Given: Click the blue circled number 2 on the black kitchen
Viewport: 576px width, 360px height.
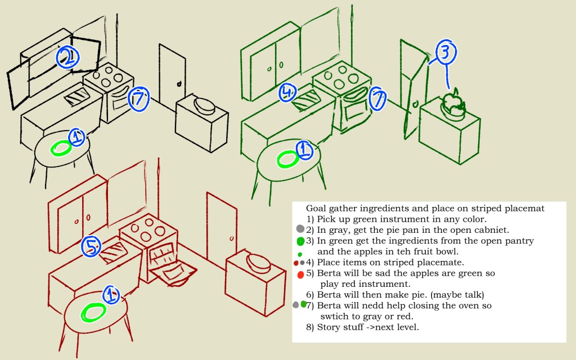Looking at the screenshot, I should (x=67, y=56).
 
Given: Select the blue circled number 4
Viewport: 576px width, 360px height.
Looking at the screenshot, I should (x=287, y=92).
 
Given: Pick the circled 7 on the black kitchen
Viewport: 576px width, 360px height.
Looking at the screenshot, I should (x=138, y=98).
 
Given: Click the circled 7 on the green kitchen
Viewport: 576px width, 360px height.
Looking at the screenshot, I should (x=378, y=100).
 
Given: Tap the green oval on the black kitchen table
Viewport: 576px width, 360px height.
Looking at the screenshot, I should (x=61, y=148).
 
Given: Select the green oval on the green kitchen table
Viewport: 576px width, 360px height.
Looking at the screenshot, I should (x=289, y=159).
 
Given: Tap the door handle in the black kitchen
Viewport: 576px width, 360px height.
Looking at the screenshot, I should (x=179, y=84).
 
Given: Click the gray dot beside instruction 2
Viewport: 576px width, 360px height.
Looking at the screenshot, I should (x=300, y=229).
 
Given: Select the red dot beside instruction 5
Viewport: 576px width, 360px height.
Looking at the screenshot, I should (x=300, y=274).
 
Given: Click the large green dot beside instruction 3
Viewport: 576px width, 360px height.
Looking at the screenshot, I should (x=300, y=241).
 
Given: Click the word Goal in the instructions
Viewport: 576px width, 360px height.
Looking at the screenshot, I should (x=316, y=208).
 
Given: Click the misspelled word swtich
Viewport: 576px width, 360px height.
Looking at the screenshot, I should (x=334, y=316).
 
